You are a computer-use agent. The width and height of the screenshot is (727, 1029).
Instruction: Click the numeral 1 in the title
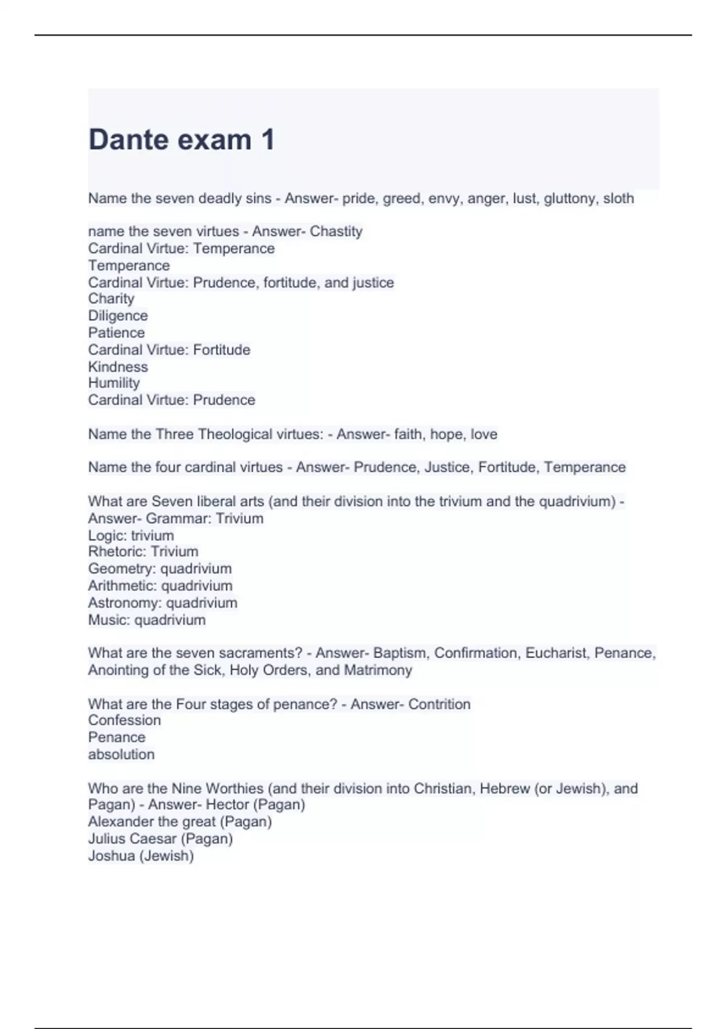point(268,140)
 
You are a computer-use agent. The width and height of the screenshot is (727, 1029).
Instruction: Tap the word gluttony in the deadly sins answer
point(569,199)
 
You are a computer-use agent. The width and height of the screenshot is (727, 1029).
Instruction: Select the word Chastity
point(336,231)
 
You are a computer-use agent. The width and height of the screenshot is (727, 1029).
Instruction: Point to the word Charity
point(111,298)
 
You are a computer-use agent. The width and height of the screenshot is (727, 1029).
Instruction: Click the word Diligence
point(118,315)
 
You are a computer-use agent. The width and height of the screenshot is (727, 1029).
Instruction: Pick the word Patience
point(116,332)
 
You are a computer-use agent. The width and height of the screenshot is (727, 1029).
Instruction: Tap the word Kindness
point(118,367)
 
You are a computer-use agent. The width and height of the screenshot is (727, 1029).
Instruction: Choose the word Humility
point(114,383)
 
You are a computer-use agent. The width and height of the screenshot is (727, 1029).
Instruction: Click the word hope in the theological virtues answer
point(446,434)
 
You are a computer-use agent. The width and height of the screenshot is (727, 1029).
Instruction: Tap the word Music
point(108,620)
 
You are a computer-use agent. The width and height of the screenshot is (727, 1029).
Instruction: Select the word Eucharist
point(556,653)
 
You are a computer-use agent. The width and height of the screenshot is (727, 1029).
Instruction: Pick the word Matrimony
point(378,670)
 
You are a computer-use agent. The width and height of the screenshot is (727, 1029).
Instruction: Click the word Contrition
point(439,704)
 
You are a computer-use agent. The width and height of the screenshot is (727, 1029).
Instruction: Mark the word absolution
point(121,754)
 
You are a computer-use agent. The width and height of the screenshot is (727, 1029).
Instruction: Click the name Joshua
point(111,856)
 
